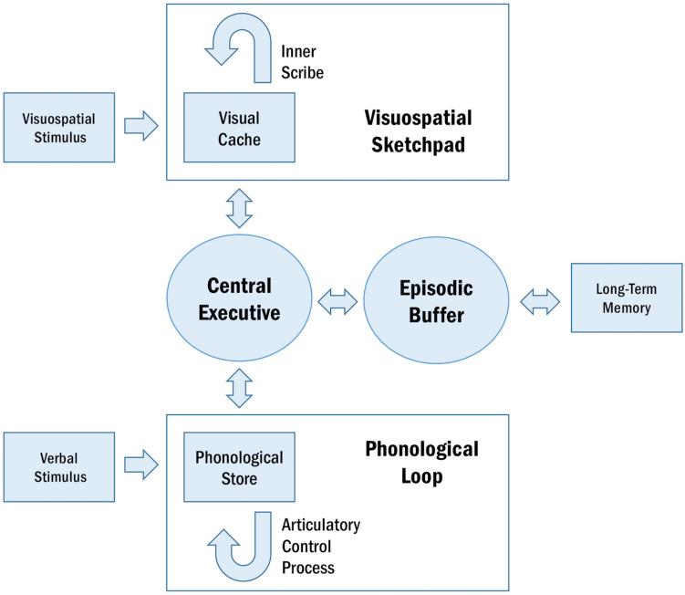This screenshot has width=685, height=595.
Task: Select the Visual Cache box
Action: pos(239,130)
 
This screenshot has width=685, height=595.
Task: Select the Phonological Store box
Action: pos(239,467)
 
